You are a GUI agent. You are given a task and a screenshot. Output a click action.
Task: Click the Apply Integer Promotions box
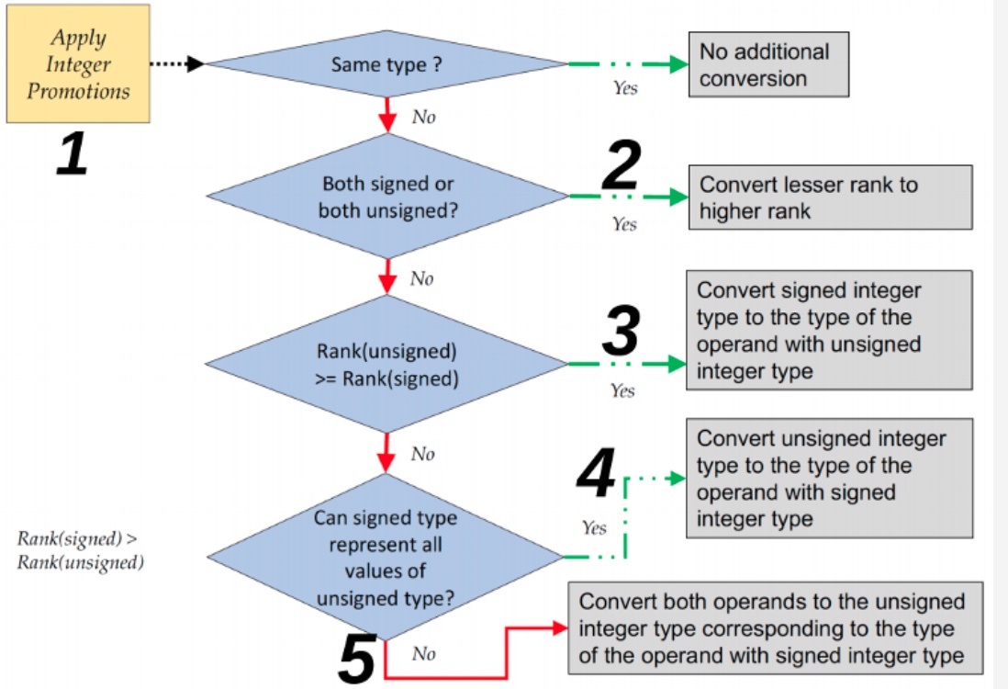click(x=78, y=64)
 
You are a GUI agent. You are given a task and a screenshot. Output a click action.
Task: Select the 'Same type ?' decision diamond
click(x=386, y=64)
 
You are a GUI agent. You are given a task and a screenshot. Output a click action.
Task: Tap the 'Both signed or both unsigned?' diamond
click(x=386, y=197)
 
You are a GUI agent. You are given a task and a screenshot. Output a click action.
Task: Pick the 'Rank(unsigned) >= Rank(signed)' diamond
click(x=386, y=364)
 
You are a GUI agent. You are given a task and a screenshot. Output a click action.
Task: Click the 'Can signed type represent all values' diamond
click(x=385, y=557)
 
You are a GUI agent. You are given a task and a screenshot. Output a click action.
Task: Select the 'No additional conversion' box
click(x=769, y=64)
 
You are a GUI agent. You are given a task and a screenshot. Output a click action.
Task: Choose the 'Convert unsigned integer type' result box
click(x=829, y=478)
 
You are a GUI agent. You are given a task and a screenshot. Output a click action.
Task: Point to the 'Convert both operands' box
click(x=776, y=628)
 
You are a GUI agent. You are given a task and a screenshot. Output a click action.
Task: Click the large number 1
click(x=72, y=154)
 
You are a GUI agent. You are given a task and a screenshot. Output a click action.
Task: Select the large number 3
click(x=622, y=332)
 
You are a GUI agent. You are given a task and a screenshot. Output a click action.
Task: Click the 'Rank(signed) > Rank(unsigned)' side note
click(x=81, y=551)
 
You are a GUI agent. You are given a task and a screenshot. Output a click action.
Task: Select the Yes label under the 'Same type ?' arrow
click(x=625, y=89)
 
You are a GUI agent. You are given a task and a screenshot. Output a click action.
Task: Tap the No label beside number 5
click(x=423, y=654)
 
